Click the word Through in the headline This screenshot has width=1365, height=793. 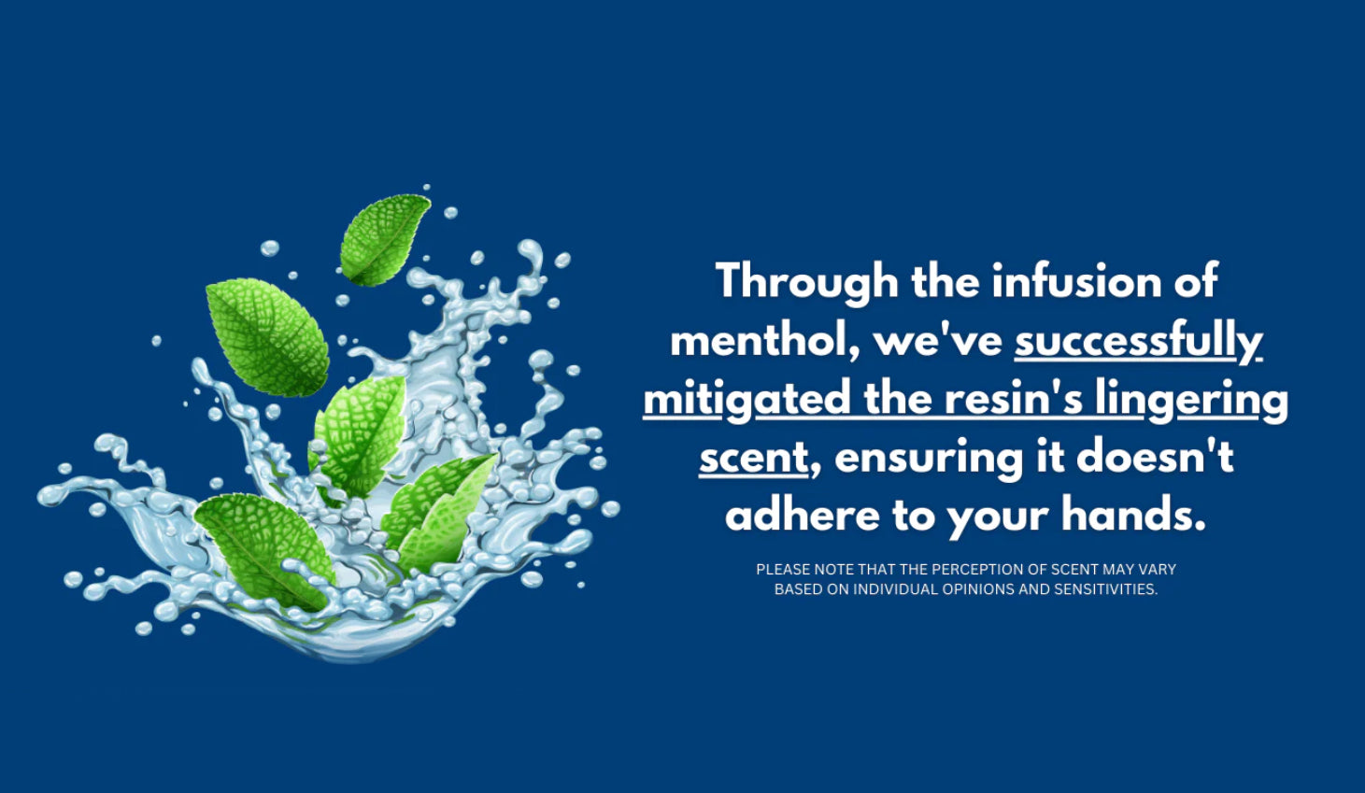807,281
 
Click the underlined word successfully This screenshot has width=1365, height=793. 1138,341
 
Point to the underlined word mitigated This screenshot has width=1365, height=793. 747,400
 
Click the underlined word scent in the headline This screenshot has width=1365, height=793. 754,458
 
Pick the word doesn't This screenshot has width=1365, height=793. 1155,456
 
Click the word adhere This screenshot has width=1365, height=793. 803,514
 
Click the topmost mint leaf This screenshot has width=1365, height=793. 385,239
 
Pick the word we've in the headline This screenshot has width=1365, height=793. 938,340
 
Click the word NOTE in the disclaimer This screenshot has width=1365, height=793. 834,570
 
